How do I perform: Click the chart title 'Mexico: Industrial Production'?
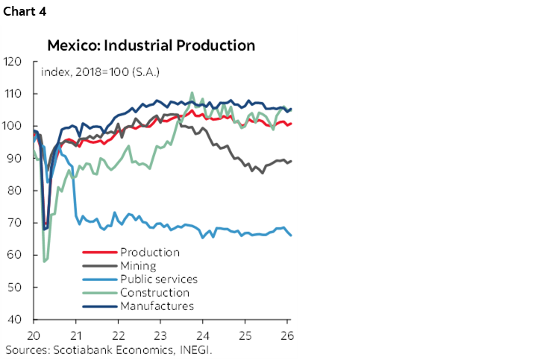tap(151, 45)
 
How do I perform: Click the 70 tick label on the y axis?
tap(13, 223)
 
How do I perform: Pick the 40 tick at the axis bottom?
tap(13, 320)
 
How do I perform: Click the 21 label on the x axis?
tap(76, 335)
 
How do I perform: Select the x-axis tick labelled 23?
tap(160, 335)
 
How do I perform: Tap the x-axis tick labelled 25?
tap(245, 335)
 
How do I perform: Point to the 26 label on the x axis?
tap(286, 335)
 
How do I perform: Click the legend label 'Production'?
tap(149, 252)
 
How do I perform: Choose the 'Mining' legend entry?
tap(137, 265)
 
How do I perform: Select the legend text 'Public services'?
tap(158, 279)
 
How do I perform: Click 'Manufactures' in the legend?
tap(156, 306)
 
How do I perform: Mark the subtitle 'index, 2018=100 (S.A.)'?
tap(101, 72)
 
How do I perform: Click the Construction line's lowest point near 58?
tap(46, 262)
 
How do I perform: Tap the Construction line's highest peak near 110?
tap(192, 93)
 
